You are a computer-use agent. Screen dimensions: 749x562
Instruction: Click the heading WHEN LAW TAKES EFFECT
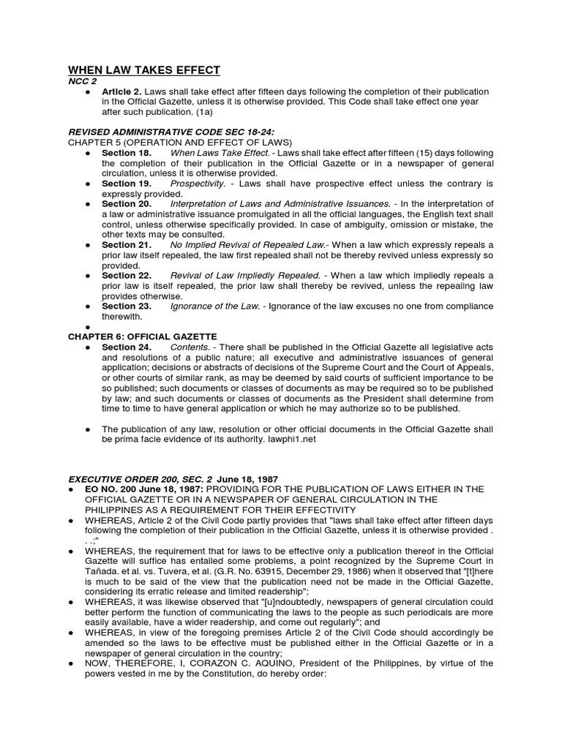click(x=144, y=70)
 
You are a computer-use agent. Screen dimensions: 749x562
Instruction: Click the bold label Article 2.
click(x=122, y=91)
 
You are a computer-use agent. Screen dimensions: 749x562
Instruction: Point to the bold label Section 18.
click(x=127, y=153)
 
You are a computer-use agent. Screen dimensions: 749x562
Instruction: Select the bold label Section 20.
click(x=127, y=203)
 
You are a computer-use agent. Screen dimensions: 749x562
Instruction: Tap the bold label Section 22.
click(x=127, y=275)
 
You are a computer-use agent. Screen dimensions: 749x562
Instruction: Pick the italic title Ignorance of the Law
click(x=211, y=306)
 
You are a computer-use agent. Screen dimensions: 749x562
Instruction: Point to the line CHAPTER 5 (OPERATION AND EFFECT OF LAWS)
click(x=179, y=142)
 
